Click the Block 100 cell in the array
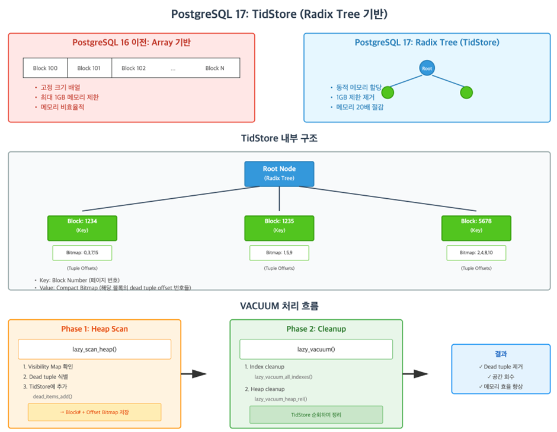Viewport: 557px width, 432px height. pos(45,68)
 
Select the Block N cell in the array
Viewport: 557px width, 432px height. pos(215,68)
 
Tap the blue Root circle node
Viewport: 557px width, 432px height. pos(427,68)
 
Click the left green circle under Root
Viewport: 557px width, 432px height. pos(388,93)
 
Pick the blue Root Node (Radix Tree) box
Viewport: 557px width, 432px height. pos(279,173)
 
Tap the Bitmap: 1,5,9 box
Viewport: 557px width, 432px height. pos(279,253)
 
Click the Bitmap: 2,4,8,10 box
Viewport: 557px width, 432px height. pos(476,253)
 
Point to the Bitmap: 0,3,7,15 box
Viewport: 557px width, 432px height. pos(82,253)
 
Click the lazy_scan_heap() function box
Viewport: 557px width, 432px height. pos(95,349)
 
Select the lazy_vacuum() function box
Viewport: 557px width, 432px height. pos(316,349)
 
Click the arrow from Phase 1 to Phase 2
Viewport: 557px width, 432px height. pos(193,374)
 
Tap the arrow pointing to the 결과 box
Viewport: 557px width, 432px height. pos(415,374)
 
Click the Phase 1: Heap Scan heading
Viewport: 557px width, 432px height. pos(95,329)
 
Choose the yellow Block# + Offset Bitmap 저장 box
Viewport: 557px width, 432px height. pos(95,412)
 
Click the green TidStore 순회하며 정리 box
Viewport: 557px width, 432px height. pos(316,414)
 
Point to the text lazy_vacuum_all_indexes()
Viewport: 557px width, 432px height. pos(283,377)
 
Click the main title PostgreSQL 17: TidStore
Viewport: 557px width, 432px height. pos(278,14)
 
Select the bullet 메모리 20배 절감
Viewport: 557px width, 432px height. pos(354,107)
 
